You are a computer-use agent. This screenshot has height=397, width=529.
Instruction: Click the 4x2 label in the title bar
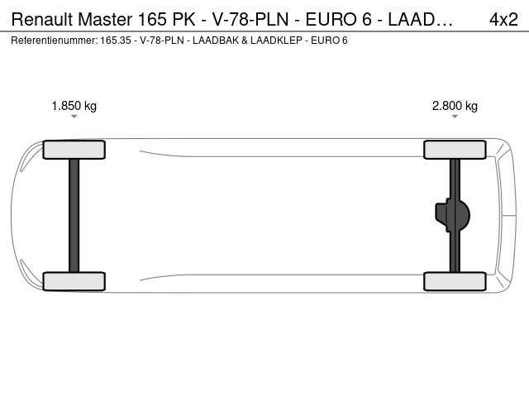tap(503, 19)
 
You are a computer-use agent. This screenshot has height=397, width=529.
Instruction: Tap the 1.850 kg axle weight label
tap(74, 106)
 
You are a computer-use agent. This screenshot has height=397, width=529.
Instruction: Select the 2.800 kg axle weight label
tap(455, 106)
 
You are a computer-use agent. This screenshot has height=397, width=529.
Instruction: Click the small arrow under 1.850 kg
tap(74, 117)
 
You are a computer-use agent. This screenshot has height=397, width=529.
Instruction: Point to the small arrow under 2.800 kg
tap(455, 117)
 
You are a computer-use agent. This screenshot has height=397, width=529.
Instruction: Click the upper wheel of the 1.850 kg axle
tap(74, 150)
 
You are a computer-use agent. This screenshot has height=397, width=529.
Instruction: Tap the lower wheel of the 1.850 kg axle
tap(74, 281)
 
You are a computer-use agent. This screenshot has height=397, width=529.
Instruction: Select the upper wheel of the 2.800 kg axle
tap(455, 150)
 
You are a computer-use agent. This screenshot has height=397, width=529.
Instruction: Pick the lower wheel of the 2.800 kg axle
tap(455, 281)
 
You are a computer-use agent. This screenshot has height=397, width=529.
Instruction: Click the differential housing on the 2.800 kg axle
tap(452, 215)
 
